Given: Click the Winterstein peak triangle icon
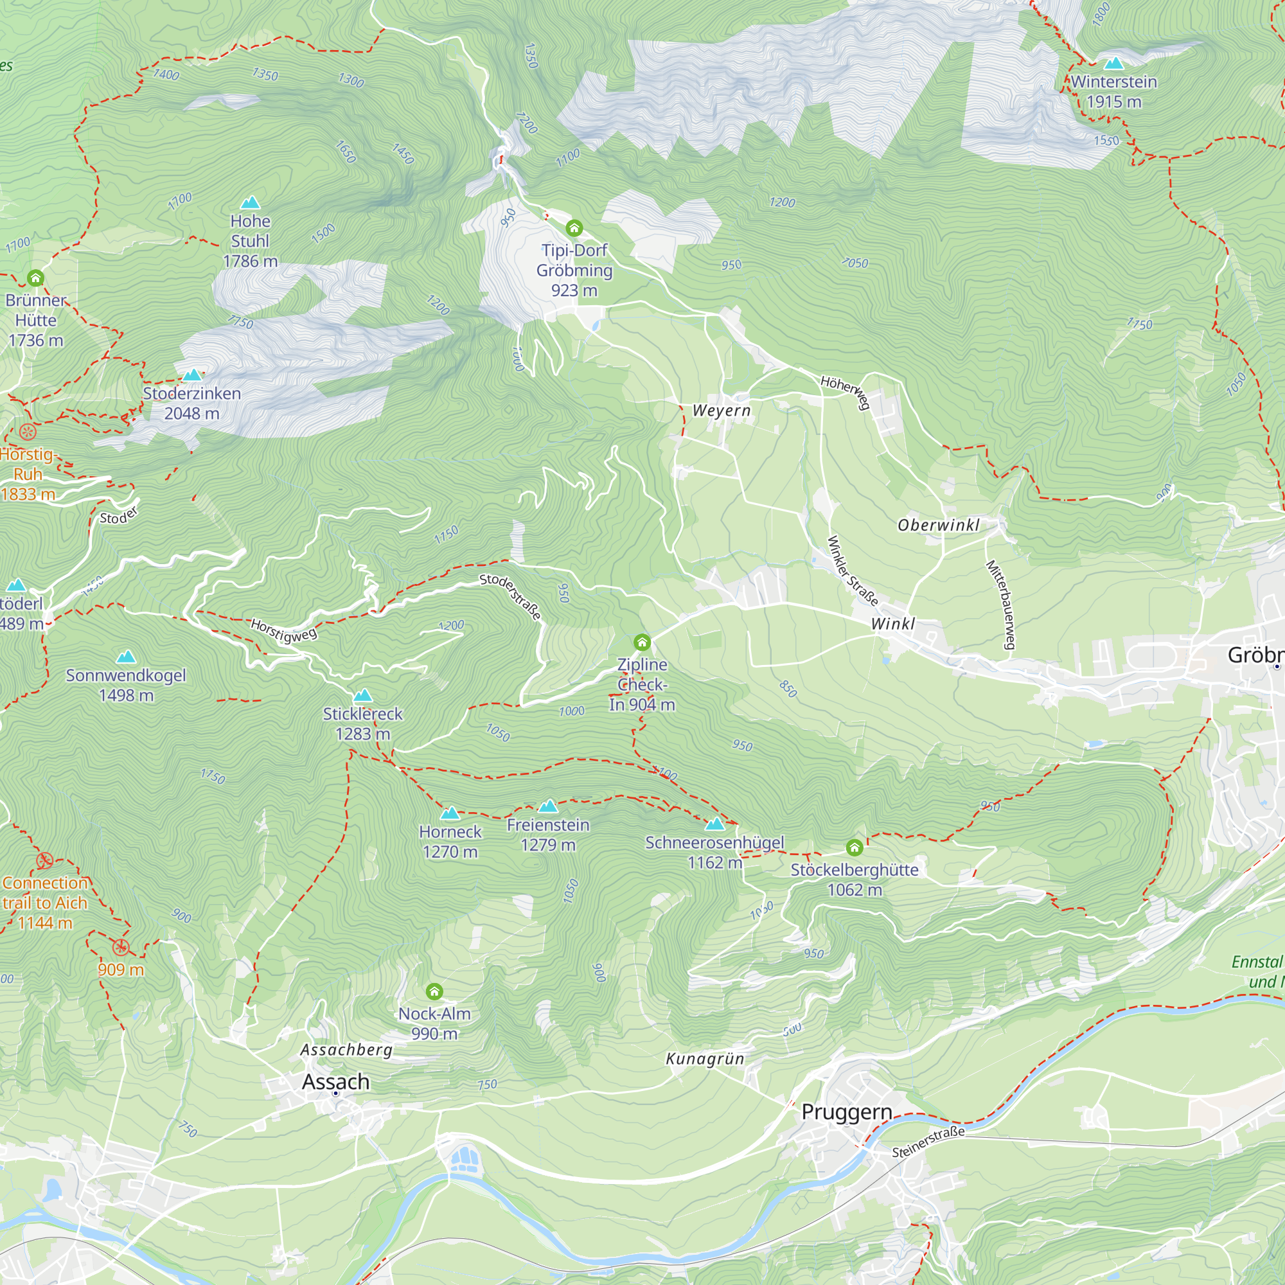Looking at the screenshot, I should pyautogui.click(x=1113, y=64).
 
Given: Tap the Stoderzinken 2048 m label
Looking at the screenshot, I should pyautogui.click(x=191, y=403).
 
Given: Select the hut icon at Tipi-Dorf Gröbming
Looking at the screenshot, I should pyautogui.click(x=574, y=229).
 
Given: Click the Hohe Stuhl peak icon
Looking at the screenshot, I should pyautogui.click(x=250, y=203).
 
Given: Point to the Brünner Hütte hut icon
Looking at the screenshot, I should pyautogui.click(x=35, y=278).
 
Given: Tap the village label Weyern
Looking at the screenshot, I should pyautogui.click(x=722, y=411).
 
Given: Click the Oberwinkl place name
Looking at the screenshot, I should pyautogui.click(x=939, y=526).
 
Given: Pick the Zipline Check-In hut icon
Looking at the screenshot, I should pyautogui.click(x=642, y=642).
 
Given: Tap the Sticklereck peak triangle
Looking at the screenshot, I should pyautogui.click(x=362, y=696).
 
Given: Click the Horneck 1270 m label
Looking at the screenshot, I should pyautogui.click(x=450, y=842).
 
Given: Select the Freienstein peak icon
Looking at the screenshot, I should pyautogui.click(x=548, y=807).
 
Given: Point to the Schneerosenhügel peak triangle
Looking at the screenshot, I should pyautogui.click(x=715, y=825).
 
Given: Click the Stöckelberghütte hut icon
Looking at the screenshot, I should pyautogui.click(x=855, y=847).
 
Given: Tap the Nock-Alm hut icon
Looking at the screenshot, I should pyautogui.click(x=434, y=991).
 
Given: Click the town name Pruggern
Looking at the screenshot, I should pyautogui.click(x=847, y=1112).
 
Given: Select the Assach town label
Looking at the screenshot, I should pyautogui.click(x=335, y=1081).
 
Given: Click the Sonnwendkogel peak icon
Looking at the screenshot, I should pyautogui.click(x=126, y=658).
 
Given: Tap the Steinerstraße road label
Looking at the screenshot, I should pyautogui.click(x=928, y=1141).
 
